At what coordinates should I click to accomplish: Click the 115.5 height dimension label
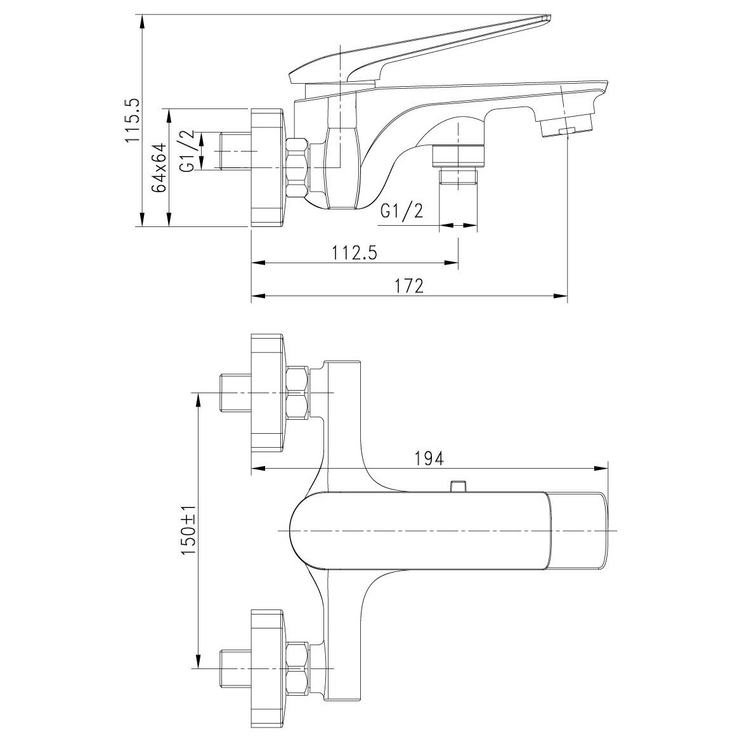click(x=132, y=120)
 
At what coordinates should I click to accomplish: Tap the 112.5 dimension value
click(x=355, y=253)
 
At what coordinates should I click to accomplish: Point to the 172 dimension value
click(x=409, y=286)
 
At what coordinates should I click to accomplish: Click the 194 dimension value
click(x=429, y=458)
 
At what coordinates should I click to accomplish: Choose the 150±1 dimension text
click(x=188, y=530)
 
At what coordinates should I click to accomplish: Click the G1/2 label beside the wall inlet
click(x=188, y=152)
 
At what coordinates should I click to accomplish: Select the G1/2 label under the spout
click(x=402, y=211)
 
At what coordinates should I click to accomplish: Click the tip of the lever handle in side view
click(x=549, y=18)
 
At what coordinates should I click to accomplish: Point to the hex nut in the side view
click(x=297, y=168)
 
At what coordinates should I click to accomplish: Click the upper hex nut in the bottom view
click(x=297, y=393)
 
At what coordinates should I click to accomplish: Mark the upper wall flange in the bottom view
click(x=268, y=393)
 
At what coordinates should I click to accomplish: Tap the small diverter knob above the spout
click(x=457, y=486)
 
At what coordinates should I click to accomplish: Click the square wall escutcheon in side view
click(x=268, y=168)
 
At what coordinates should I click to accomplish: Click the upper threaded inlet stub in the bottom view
click(x=236, y=393)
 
